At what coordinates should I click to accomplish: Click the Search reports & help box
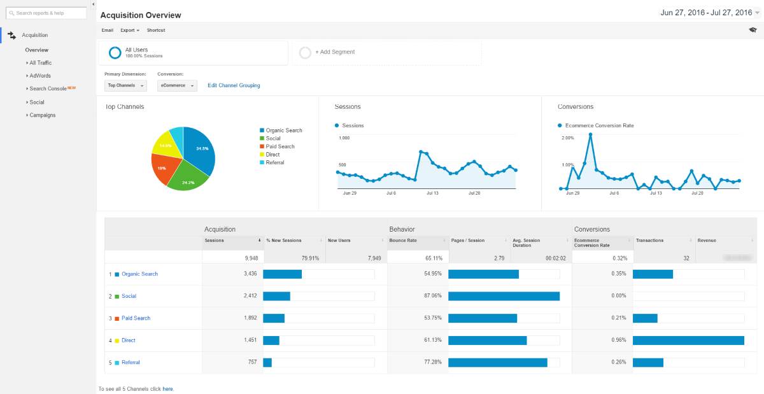coord(46,13)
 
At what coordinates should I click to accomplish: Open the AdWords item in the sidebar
coord(40,76)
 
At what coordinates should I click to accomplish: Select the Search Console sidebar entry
coord(48,88)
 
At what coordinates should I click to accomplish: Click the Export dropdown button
coord(129,30)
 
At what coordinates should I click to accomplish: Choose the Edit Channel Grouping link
coord(234,85)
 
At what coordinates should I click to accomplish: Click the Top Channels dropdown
coord(125,85)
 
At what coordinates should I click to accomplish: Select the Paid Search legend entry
coord(280,146)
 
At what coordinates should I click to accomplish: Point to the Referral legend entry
coord(275,162)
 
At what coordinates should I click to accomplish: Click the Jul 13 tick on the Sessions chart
coord(433,192)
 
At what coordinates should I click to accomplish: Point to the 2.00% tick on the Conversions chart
coord(567,137)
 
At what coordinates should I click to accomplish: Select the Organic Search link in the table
coord(139,274)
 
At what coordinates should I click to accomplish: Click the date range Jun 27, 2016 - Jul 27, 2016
coord(706,13)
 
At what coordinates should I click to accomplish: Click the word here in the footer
coord(167,389)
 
